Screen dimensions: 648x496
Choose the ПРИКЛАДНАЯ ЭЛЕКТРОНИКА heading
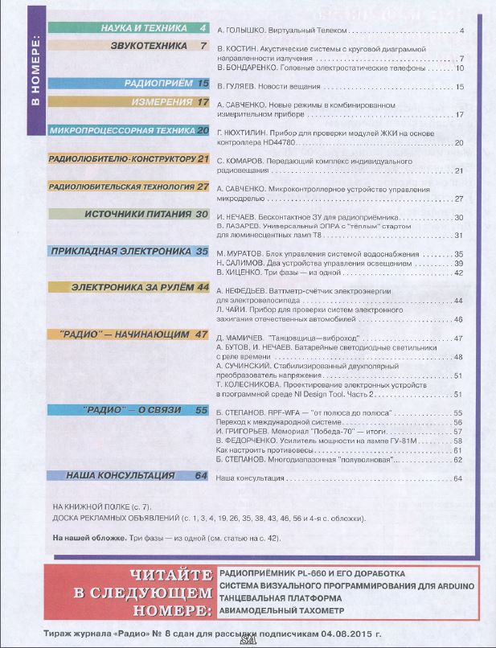[129, 252]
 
